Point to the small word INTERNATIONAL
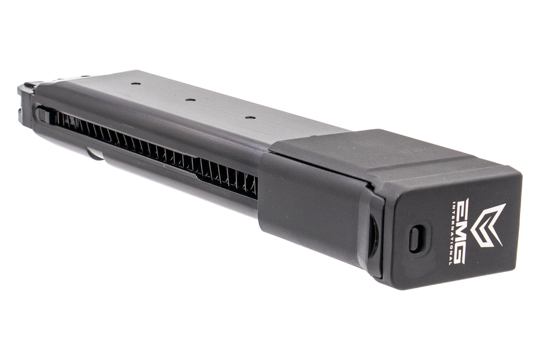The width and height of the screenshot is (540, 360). (451, 233)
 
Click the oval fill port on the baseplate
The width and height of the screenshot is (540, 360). (417, 238)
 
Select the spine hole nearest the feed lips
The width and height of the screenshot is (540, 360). (136, 84)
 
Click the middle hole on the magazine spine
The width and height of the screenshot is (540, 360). (189, 99)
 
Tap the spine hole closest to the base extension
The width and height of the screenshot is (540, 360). (250, 117)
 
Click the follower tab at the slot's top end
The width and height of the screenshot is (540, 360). (43, 114)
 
